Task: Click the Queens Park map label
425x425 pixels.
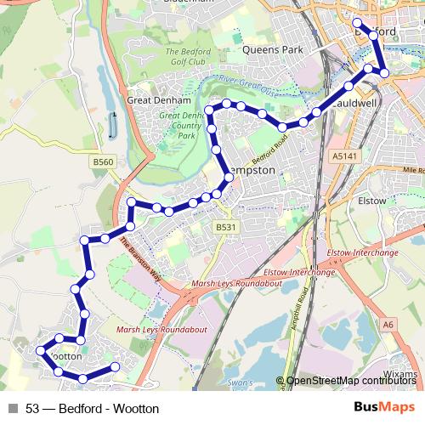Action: [273, 50]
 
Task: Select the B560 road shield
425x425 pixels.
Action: [103, 161]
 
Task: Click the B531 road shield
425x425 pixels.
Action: [224, 227]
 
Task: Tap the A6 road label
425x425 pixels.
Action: [388, 324]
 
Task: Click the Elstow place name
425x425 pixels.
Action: [373, 201]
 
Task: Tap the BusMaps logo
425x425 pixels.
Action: [384, 408]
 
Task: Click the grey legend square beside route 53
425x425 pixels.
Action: [13, 409]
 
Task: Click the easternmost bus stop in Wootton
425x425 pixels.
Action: [115, 367]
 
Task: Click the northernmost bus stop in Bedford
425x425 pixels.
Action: [358, 23]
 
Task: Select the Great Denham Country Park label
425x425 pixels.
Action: [180, 126]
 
